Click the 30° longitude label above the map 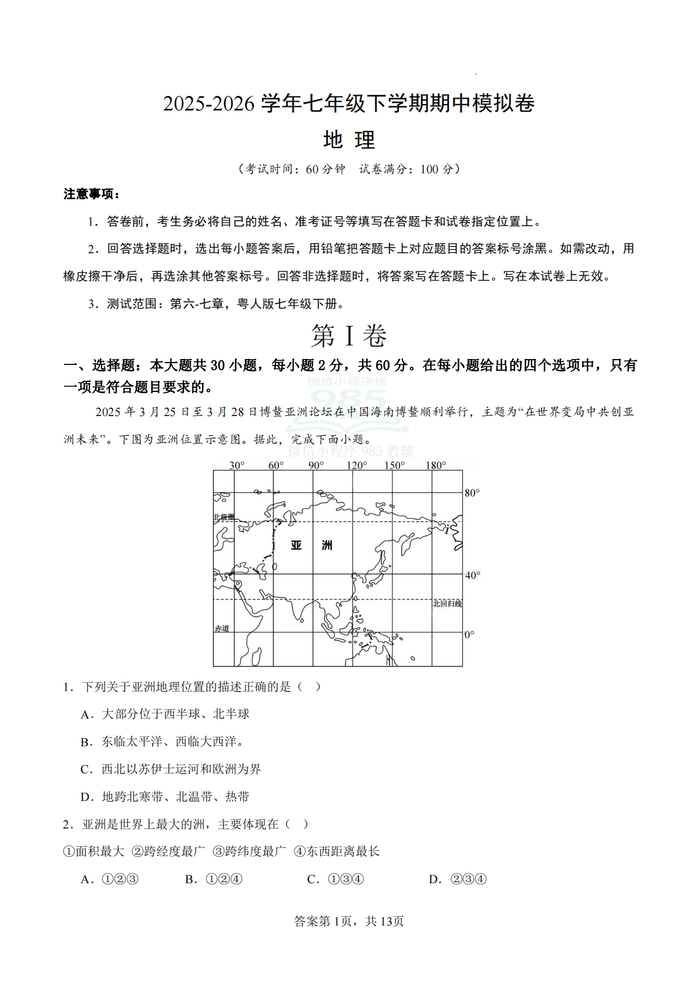pyautogui.click(x=237, y=465)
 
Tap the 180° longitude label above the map pyautogui.click(x=436, y=465)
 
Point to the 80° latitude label pyautogui.click(x=472, y=492)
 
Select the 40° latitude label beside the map pyautogui.click(x=472, y=575)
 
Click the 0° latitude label pyautogui.click(x=469, y=635)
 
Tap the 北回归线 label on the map pyautogui.click(x=447, y=604)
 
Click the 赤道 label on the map pyautogui.click(x=221, y=628)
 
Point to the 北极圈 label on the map pyautogui.click(x=224, y=517)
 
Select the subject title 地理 pyautogui.click(x=349, y=140)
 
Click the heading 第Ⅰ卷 pyautogui.click(x=349, y=336)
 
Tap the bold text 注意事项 pyautogui.click(x=91, y=194)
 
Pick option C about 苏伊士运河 pyautogui.click(x=171, y=769)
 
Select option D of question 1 pyautogui.click(x=165, y=797)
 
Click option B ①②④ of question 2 pyautogui.click(x=214, y=880)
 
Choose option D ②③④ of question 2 pyautogui.click(x=458, y=880)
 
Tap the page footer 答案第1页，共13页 pyautogui.click(x=349, y=921)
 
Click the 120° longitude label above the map pyautogui.click(x=357, y=465)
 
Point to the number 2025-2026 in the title pyautogui.click(x=209, y=104)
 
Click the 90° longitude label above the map pyautogui.click(x=316, y=465)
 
